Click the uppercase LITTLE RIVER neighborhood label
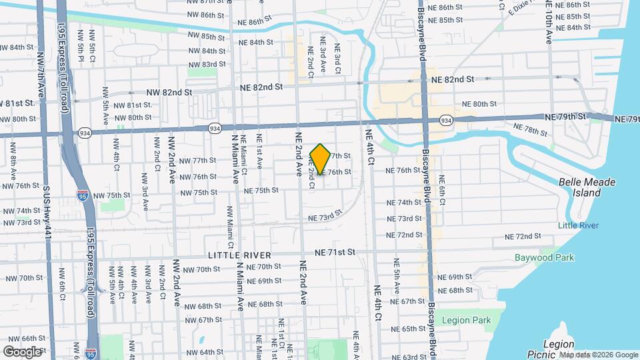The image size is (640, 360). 239,255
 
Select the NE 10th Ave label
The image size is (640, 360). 549,23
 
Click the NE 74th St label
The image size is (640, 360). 405,202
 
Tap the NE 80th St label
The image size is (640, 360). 480,104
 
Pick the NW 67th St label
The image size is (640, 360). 200,320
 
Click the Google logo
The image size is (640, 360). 22,351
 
